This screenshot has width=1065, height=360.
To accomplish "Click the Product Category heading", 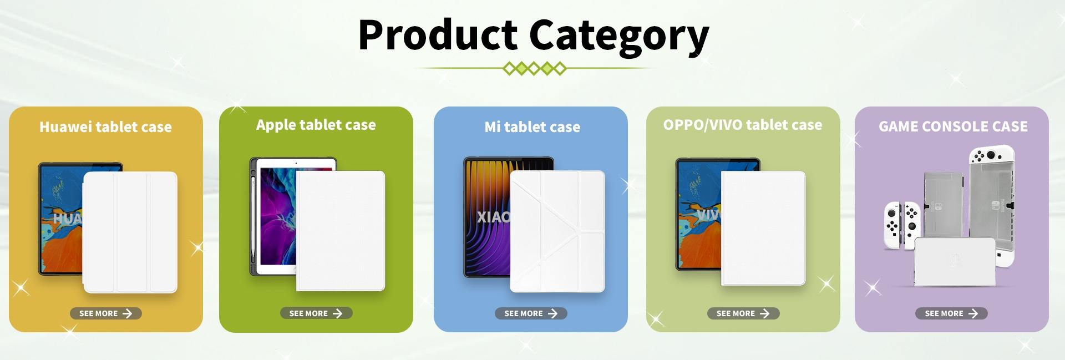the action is click(x=534, y=35).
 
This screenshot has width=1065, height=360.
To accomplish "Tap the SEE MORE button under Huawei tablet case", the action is click(x=105, y=313).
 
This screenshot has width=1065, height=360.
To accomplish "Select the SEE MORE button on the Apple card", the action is click(x=316, y=313).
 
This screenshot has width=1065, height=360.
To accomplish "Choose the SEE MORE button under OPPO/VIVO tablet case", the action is click(x=743, y=313).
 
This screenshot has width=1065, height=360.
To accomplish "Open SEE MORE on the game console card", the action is click(x=951, y=313).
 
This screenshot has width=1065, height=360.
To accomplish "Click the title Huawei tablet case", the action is click(x=105, y=127).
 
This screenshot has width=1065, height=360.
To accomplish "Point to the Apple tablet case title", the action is click(x=316, y=125).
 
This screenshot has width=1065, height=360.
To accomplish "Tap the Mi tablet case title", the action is click(x=532, y=127).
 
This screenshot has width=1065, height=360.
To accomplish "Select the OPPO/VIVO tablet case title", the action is click(x=743, y=125).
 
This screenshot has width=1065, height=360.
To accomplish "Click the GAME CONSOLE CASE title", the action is click(x=953, y=126).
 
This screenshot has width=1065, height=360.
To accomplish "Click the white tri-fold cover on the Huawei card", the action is click(x=130, y=232).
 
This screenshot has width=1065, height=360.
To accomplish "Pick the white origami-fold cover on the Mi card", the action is click(x=557, y=231).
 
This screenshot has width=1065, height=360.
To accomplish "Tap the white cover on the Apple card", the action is click(x=341, y=231).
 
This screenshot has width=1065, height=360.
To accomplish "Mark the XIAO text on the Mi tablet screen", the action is click(x=493, y=217).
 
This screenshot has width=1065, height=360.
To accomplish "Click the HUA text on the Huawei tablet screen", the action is click(x=68, y=219).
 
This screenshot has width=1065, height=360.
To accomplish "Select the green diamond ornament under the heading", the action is click(x=534, y=69).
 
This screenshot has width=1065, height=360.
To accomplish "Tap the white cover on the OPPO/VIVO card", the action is click(x=763, y=229).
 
